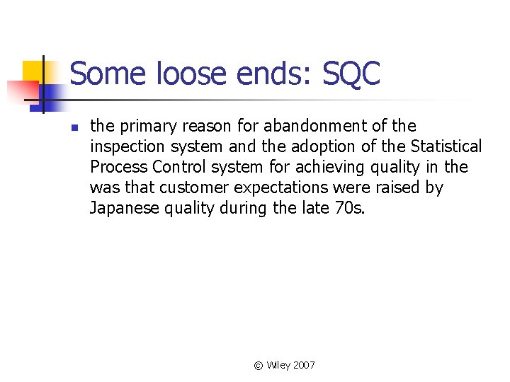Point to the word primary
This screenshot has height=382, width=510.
[147, 127]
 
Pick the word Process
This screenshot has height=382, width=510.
[117, 167]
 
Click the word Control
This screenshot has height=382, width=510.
[174, 167]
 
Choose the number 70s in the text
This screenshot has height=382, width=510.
[348, 208]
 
